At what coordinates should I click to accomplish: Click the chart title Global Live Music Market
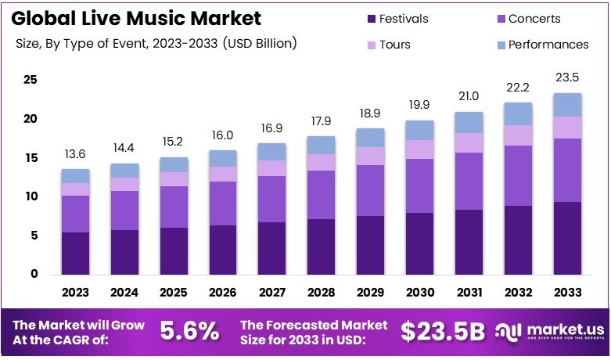(138, 18)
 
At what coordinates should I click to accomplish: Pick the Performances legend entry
(548, 45)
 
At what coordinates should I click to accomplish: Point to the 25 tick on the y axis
(31, 80)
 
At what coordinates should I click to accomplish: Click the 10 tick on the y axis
(31, 196)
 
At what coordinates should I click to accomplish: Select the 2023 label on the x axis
(76, 293)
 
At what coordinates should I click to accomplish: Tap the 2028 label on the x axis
(321, 293)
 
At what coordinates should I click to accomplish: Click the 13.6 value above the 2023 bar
(76, 154)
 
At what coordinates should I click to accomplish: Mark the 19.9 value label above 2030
(419, 106)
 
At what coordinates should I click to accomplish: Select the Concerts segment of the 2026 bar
(223, 203)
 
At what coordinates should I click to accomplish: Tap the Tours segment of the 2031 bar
(469, 142)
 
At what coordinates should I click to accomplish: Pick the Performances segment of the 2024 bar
(125, 171)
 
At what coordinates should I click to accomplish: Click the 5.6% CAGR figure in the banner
(189, 332)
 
